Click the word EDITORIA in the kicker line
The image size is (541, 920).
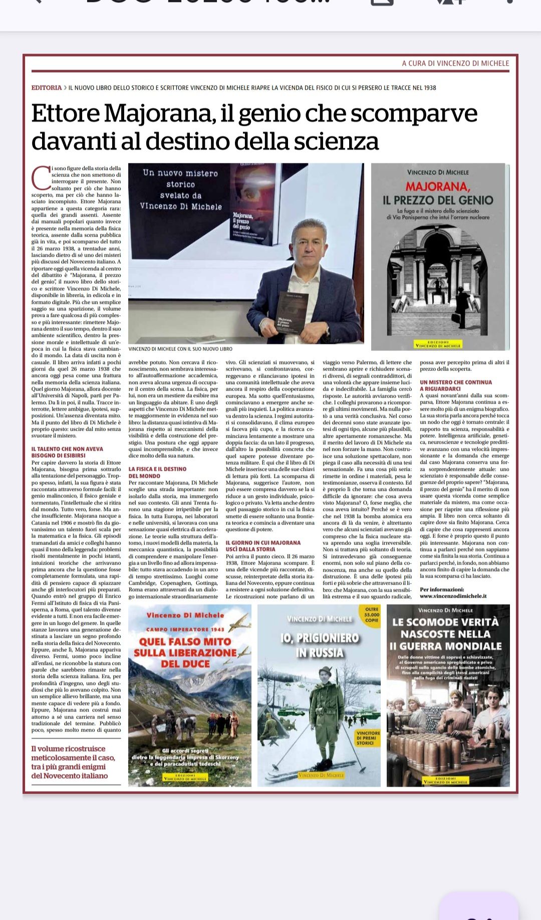pos(47,88)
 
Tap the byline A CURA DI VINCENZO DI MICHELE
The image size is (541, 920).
pos(455,63)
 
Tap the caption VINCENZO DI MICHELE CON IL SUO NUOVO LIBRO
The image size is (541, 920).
pos(180,349)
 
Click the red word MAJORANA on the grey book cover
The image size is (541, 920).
pos(438,187)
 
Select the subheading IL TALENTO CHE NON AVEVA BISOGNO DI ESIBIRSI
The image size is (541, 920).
pos(67,452)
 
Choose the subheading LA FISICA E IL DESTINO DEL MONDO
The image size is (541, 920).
pos(157,472)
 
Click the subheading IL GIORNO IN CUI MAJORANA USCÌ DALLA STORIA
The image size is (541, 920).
pos(263,545)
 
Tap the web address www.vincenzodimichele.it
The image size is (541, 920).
pos(453,596)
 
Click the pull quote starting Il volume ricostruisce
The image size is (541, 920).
pos(73,762)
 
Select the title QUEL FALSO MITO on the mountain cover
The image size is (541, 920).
pos(184,642)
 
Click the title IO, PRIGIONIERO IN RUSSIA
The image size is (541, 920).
pos(320,645)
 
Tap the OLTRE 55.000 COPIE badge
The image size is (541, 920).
pos(372,614)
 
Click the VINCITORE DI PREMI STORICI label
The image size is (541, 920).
pos(368,738)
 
